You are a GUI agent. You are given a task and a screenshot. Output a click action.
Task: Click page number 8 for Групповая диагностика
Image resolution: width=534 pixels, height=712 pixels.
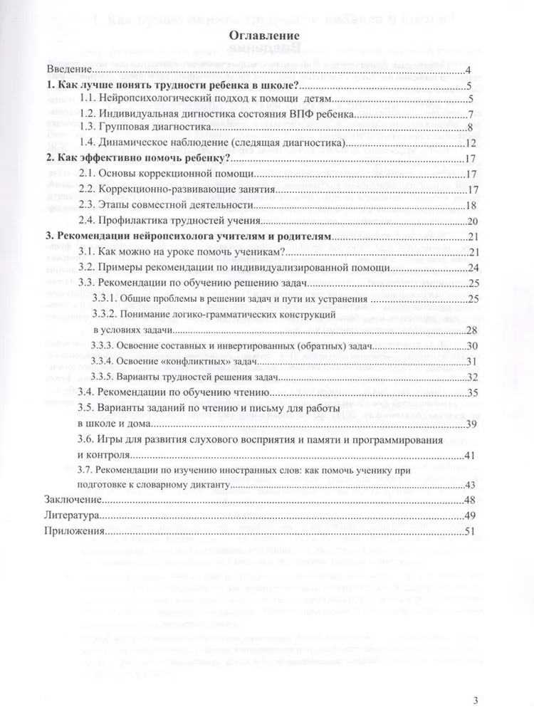point(471,128)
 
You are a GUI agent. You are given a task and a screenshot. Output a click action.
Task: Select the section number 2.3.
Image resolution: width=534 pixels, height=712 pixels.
point(87,205)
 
